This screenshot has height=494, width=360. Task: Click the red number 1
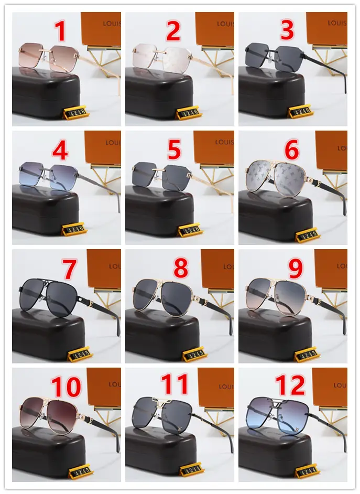pyautogui.click(x=61, y=31)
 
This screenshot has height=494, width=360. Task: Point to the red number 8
pyautogui.click(x=180, y=269)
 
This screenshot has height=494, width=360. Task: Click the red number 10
pyautogui.click(x=66, y=387)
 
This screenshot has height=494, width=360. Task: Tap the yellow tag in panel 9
pyautogui.click(x=307, y=355)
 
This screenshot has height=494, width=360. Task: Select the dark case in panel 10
pyautogui.click(x=47, y=454)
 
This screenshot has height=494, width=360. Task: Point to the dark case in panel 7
pyautogui.click(x=47, y=336)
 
